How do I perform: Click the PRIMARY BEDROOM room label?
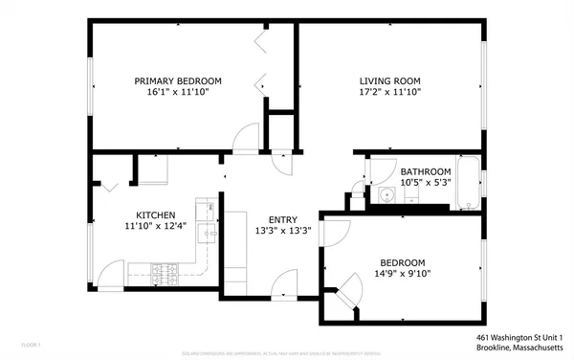[177, 80]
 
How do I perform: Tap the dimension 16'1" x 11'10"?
[177, 93]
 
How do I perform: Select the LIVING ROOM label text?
[389, 80]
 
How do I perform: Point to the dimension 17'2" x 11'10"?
[389, 93]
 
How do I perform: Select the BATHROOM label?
[426, 171]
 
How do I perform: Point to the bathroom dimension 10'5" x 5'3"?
[426, 183]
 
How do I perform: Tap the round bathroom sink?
[386, 196]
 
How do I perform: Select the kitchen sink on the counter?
[208, 231]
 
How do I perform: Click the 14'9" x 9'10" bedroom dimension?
[403, 273]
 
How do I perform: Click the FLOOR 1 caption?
[31, 343]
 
